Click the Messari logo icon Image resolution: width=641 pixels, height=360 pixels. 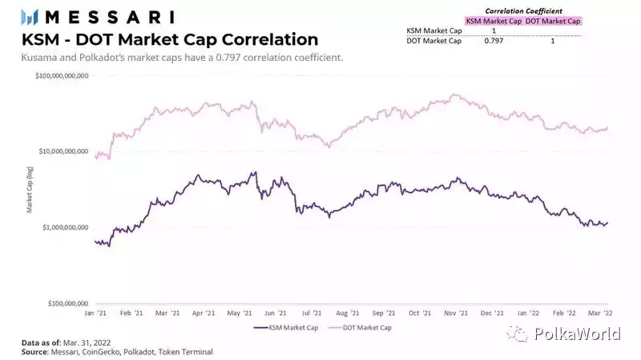coord(30,16)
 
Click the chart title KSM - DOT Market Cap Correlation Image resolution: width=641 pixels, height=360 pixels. coord(171,39)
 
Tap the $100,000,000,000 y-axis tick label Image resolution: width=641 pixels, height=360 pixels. coord(61,75)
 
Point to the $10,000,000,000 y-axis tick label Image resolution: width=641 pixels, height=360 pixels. coord(62,152)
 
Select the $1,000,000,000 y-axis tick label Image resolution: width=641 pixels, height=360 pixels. coord(64,228)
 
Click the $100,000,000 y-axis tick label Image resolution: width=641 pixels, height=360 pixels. coord(66,304)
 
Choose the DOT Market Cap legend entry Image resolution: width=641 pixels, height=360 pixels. coord(364,327)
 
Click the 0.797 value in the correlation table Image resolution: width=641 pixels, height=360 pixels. coord(493,39)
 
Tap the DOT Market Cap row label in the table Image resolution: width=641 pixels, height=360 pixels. coord(434,39)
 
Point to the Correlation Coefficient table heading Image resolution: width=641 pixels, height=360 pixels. coord(522,10)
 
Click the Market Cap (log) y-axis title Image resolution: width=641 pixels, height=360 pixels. coord(30,191)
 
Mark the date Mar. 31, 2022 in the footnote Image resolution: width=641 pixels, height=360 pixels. coord(91,342)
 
